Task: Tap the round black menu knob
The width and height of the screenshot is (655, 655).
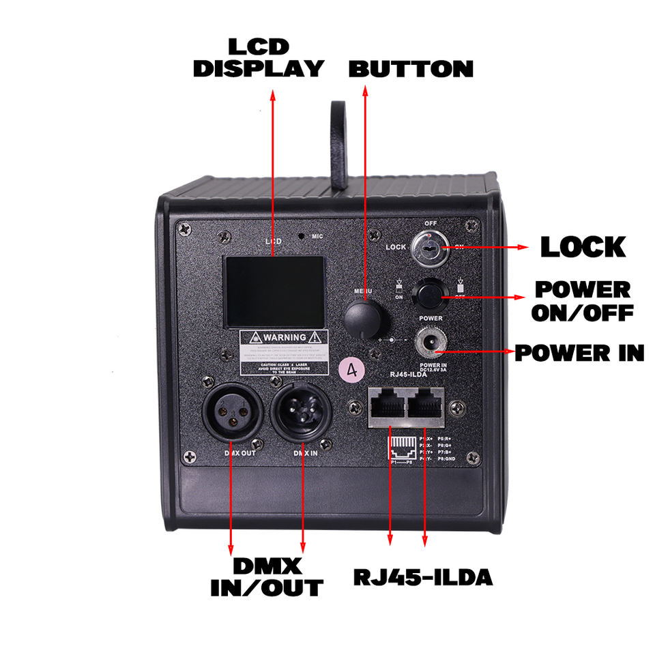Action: [364, 319]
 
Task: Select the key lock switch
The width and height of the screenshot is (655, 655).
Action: [428, 250]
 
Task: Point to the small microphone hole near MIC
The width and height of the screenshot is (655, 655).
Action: [301, 237]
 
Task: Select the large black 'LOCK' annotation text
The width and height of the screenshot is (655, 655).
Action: [582, 247]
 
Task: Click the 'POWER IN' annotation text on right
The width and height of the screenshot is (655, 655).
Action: [579, 353]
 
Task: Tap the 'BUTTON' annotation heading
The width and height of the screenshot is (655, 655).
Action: [411, 69]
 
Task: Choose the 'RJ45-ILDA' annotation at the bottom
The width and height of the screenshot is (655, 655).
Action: [422, 577]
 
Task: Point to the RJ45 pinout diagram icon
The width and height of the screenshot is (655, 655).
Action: [402, 448]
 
